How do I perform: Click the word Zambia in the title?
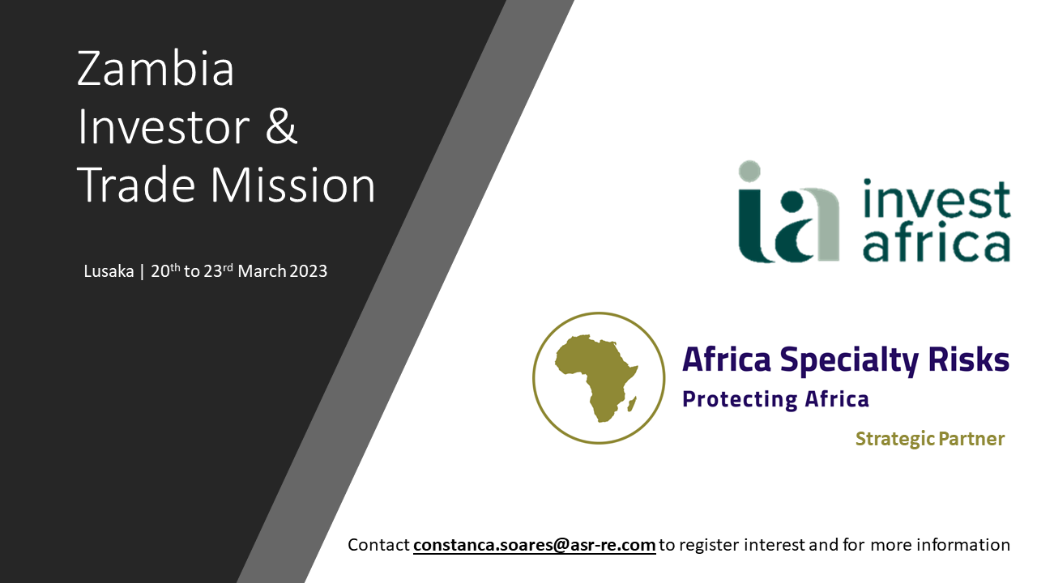point(156,69)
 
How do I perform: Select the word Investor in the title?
point(164,126)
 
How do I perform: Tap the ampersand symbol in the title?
point(281,126)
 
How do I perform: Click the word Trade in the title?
point(136,185)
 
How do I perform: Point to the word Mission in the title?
point(292,185)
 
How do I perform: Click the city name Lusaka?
point(109,271)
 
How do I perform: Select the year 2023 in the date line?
point(309,271)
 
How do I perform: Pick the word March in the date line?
point(262,271)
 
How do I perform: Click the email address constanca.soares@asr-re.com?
point(534,545)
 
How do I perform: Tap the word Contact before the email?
point(378,545)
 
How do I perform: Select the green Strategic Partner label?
point(930,439)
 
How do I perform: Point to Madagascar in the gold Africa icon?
point(631,403)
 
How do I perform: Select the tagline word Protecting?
point(740,399)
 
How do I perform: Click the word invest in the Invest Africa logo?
point(937,199)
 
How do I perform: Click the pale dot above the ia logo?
point(749,171)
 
